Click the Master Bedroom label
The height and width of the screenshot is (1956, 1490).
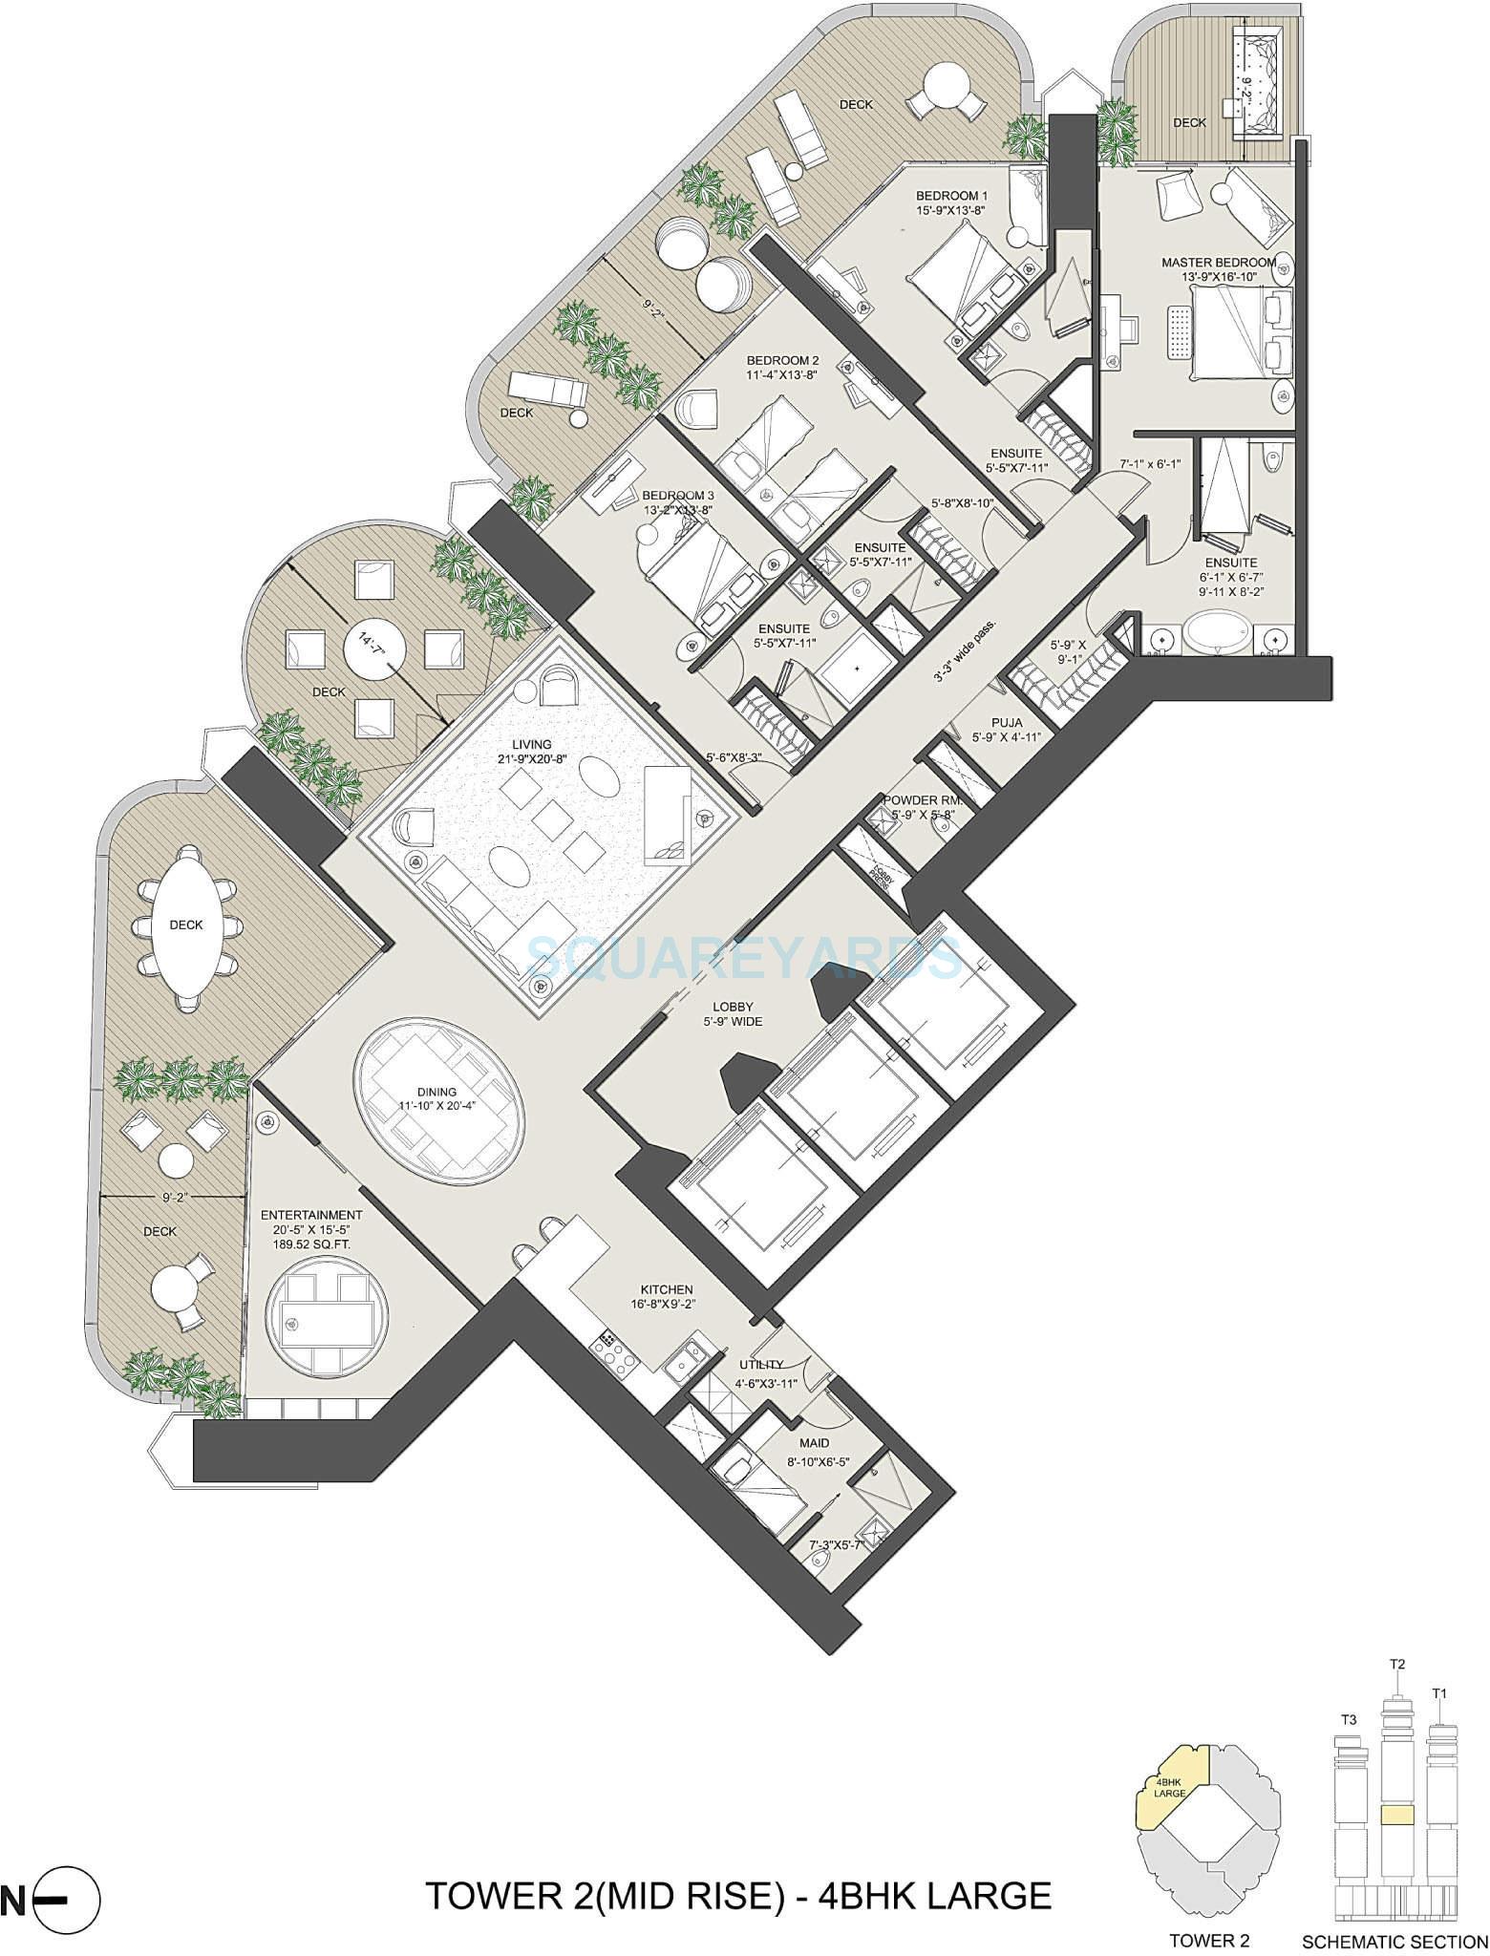(x=1218, y=262)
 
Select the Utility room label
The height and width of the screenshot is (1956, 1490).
(x=761, y=1364)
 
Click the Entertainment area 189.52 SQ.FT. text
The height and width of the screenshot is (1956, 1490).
(x=312, y=1244)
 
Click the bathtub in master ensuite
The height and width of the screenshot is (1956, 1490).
(x=1216, y=633)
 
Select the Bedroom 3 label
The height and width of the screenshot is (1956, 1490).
(x=677, y=496)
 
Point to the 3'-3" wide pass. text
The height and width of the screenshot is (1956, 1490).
(x=973, y=649)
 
